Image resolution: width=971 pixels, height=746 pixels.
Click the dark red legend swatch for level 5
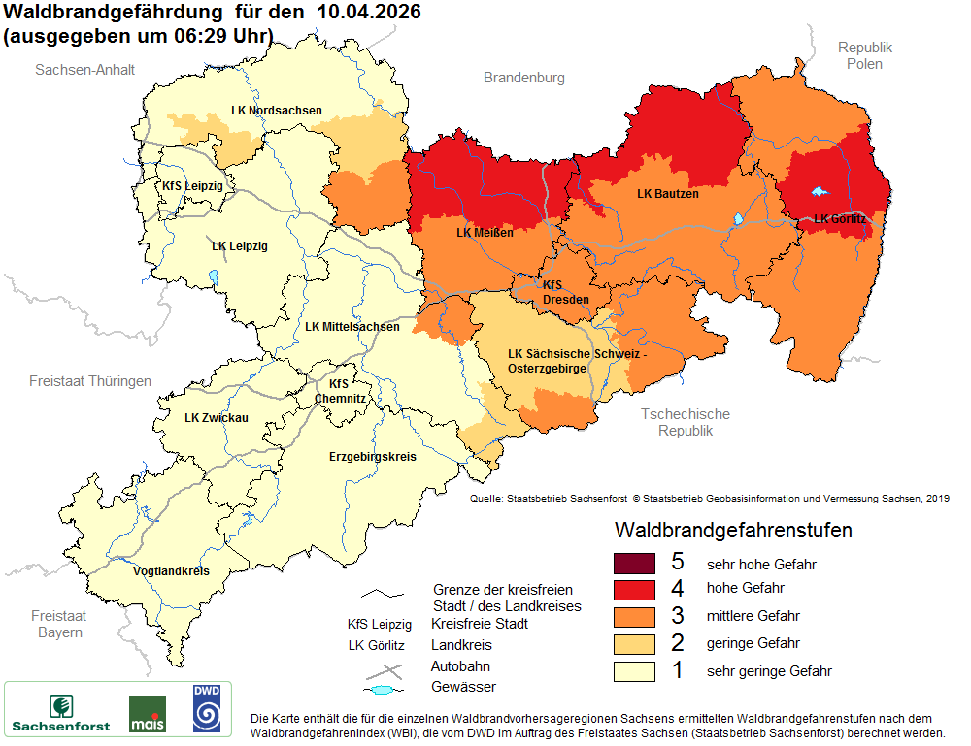pos(635,564)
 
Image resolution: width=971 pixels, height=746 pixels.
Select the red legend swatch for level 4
pos(635,590)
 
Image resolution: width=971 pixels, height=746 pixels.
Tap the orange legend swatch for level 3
pos(635,616)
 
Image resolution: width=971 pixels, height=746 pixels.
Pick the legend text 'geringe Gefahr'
pos(753,643)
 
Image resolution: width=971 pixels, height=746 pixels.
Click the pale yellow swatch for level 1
pos(635,670)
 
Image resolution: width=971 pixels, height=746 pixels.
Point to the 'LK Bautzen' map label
pos(667,194)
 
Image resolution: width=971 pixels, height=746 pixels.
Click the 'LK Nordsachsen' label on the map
pos(277,111)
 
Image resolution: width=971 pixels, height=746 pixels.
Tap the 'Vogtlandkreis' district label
pos(171,570)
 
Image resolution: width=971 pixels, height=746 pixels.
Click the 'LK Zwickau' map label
pos(217,418)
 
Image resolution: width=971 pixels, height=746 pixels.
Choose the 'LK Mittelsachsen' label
pos(352,327)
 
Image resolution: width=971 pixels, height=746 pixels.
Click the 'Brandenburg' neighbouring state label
pos(524,78)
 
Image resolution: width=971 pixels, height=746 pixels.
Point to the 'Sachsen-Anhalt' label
pos(84,70)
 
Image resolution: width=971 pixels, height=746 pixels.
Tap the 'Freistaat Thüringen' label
pos(90,381)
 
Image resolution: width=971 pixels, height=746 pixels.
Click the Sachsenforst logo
pos(61,712)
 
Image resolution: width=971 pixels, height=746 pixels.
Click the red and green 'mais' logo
pos(147,713)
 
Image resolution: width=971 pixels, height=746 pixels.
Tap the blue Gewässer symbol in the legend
pos(383,689)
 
